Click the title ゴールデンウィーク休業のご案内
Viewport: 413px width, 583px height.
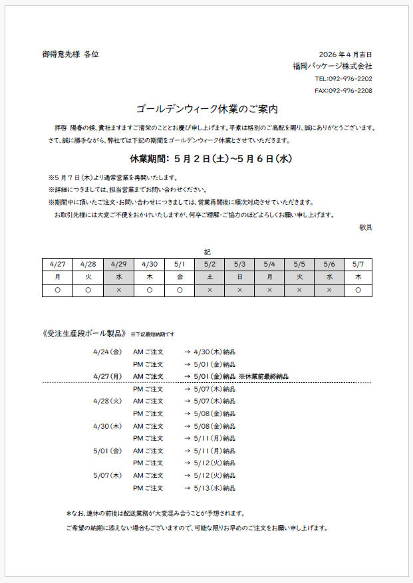(206, 108)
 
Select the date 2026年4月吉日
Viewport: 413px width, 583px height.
(345, 55)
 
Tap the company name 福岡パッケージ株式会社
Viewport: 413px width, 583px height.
(332, 66)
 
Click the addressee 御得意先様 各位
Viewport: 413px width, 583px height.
(70, 55)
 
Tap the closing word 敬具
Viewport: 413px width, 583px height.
(365, 227)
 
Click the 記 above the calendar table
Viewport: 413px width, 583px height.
(207, 252)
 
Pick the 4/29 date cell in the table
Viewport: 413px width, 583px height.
(118, 264)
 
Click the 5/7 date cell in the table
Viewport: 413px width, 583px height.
(358, 264)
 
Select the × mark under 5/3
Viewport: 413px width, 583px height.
(239, 290)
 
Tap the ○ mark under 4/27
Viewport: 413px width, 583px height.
(57, 290)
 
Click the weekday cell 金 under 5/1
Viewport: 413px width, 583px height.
(180, 277)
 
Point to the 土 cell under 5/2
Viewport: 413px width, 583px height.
(209, 277)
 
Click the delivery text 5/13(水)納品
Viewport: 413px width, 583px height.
(214, 488)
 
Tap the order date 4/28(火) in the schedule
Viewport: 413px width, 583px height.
(107, 401)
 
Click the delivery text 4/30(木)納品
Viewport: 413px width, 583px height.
(214, 352)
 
